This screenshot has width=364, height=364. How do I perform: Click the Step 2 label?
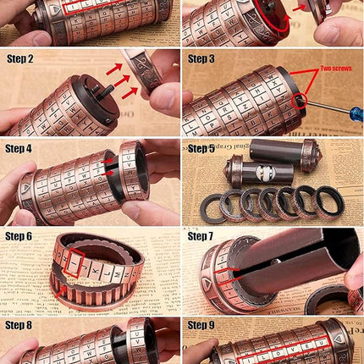tap(20, 58)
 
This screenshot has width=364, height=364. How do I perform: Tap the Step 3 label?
tap(201, 58)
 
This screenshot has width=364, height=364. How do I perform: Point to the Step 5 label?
tap(201, 148)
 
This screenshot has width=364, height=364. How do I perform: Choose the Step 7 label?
tap(201, 236)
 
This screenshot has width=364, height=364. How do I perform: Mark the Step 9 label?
tap(201, 324)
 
